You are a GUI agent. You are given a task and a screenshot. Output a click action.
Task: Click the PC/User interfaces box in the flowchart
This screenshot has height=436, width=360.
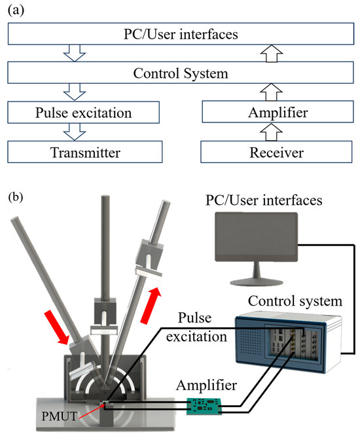point(180,32)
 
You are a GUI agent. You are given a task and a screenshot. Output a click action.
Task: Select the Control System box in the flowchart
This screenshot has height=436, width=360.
point(180,73)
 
